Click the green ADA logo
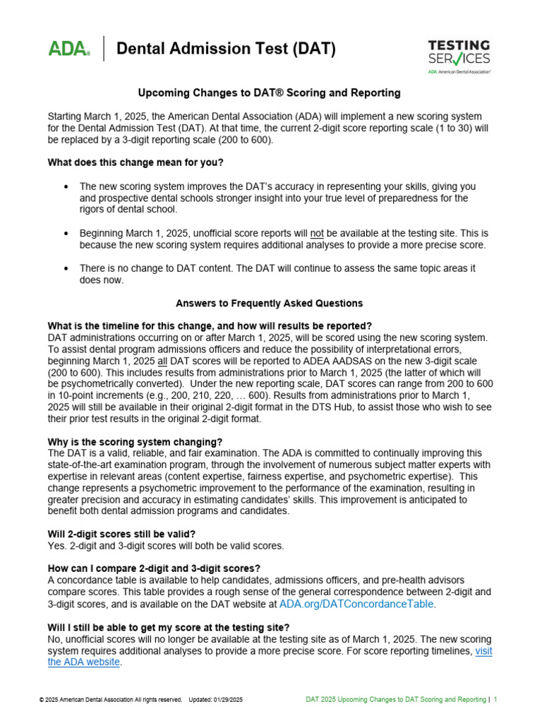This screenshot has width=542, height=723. point(68,49)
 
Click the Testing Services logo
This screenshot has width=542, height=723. point(459,55)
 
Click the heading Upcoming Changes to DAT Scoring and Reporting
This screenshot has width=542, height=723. point(269,92)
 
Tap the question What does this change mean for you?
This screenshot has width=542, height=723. point(135,162)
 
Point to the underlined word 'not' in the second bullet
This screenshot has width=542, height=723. point(317,233)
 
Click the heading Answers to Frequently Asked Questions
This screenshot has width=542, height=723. point(269,303)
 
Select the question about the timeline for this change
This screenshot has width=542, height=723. point(210,325)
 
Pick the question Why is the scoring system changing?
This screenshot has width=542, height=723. point(135,442)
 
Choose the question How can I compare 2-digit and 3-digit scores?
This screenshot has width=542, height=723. point(154,568)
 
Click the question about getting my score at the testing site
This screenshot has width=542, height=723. point(168,628)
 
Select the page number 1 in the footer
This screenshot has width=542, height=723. point(496,700)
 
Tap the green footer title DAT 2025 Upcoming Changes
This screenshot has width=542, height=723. point(395,700)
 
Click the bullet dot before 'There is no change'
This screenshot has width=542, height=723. point(66,268)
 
